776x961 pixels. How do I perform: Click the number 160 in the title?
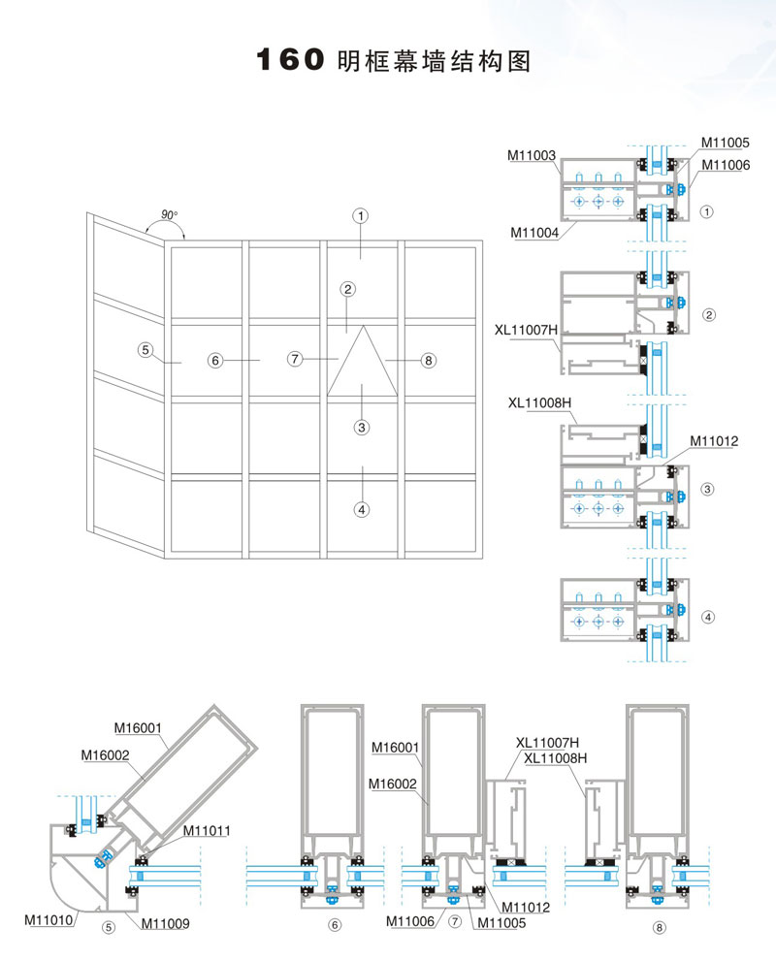click(x=288, y=61)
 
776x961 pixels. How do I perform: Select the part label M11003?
click(x=532, y=155)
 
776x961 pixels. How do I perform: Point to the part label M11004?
click(x=535, y=231)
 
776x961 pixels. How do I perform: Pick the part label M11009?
click(x=165, y=922)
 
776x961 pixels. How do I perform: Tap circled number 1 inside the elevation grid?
click(x=360, y=215)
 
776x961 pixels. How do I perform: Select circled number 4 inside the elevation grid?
click(x=362, y=507)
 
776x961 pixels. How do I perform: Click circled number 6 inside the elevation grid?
click(x=215, y=361)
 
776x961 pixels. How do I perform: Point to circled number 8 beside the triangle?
click(x=428, y=361)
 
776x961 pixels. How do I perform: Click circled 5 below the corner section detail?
click(x=109, y=926)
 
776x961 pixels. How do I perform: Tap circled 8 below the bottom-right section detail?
click(x=660, y=927)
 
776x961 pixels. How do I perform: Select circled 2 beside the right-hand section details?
click(x=708, y=315)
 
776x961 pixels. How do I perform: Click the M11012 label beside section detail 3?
click(x=715, y=440)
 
